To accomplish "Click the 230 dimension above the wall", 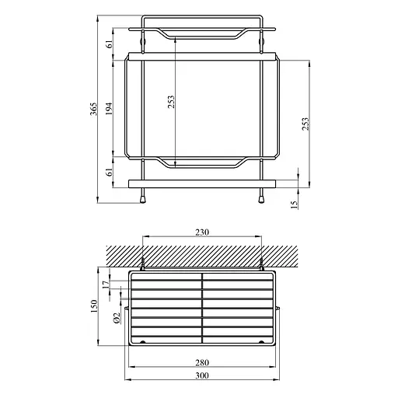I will (202, 231).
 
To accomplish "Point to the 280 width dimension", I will (202, 361).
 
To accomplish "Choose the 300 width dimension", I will (202, 375).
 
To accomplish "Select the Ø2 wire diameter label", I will (116, 316).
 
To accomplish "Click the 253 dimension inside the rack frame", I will (172, 102).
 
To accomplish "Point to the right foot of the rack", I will (262, 198).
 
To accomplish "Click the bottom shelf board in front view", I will (202, 184).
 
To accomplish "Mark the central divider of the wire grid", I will (203, 307).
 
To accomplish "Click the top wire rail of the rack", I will (202, 16).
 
